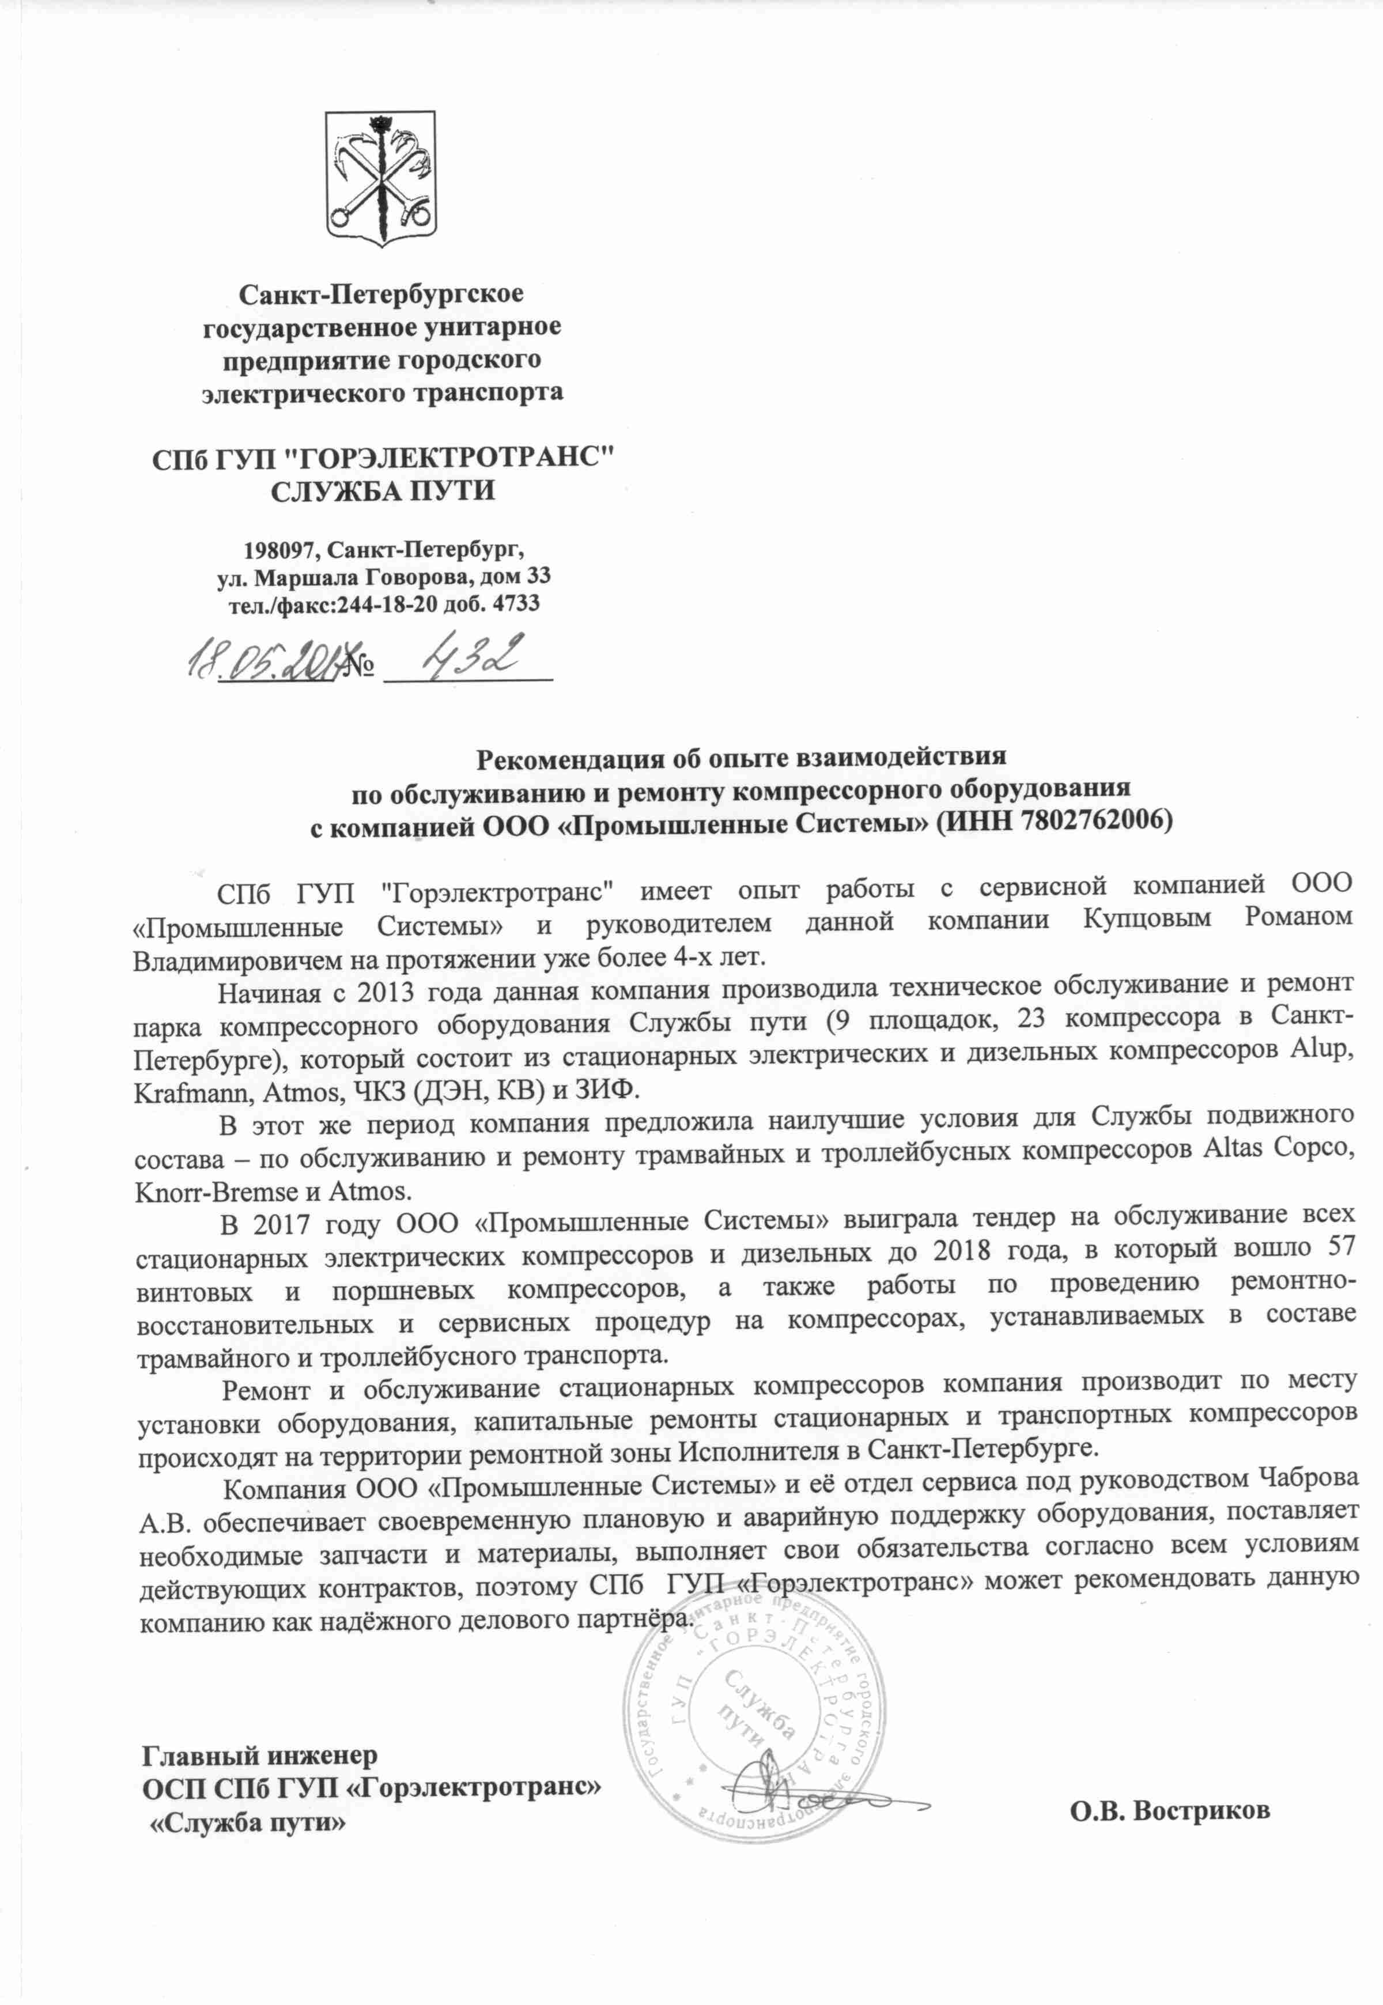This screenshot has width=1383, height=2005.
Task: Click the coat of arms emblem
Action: tap(381, 177)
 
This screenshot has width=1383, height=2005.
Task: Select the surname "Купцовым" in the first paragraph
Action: tap(1147, 920)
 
